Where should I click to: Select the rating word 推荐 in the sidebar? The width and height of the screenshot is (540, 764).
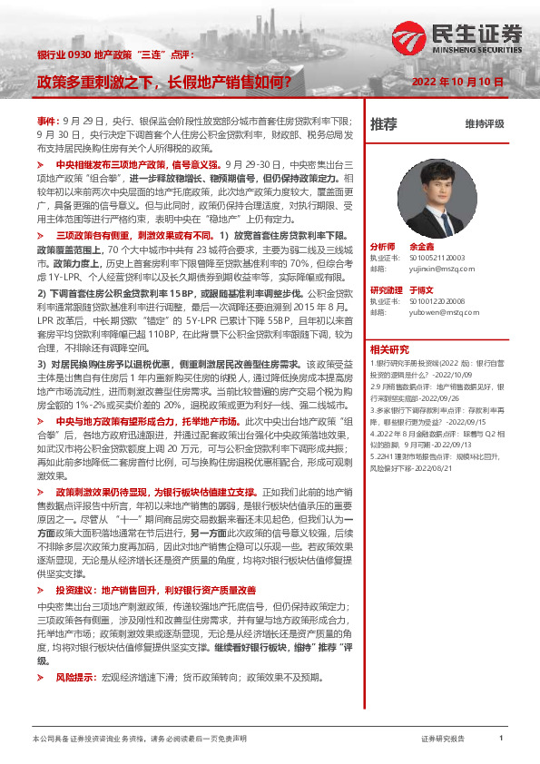(384, 123)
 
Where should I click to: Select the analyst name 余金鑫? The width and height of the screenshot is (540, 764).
(423, 247)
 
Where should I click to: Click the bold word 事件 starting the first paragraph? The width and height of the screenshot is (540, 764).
(46, 121)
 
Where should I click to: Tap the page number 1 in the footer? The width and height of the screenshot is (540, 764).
(501, 740)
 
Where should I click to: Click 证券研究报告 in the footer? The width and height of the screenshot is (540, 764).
(443, 740)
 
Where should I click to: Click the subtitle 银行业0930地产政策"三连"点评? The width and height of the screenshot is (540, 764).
(115, 55)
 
